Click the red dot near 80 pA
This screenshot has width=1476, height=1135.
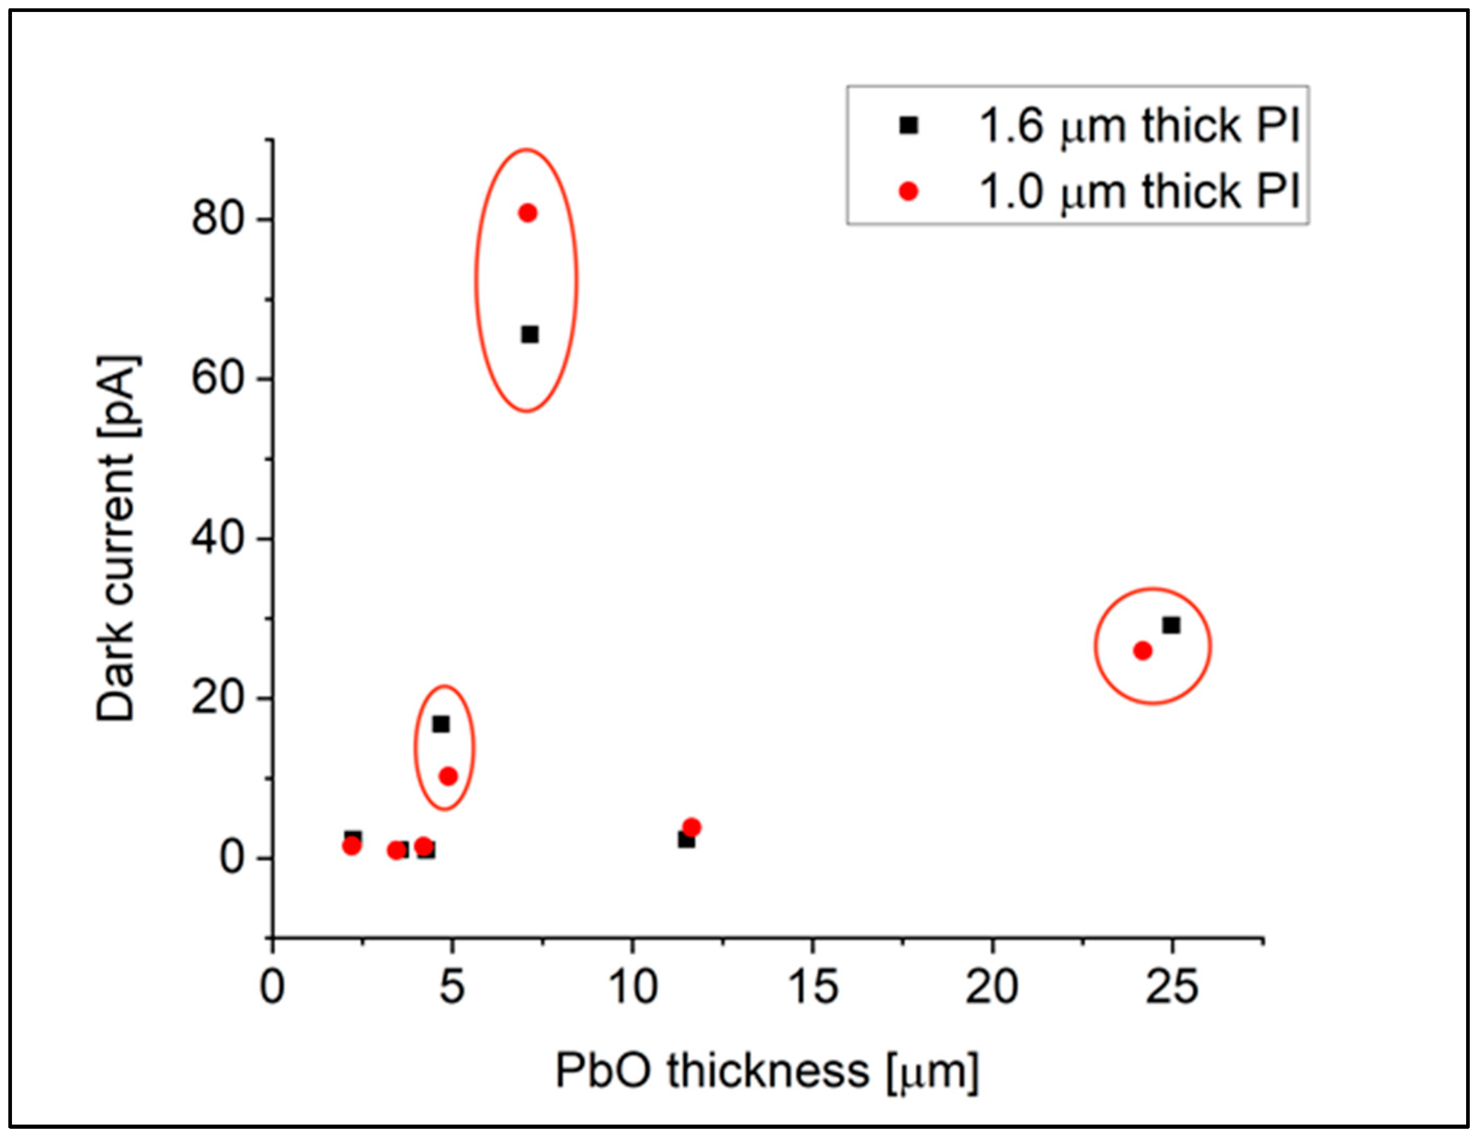(x=527, y=213)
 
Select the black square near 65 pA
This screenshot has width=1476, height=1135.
(x=531, y=334)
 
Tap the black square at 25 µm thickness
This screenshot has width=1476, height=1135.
(x=1171, y=626)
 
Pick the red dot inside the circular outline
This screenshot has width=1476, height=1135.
(x=1142, y=651)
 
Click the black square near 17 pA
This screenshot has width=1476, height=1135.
(x=441, y=725)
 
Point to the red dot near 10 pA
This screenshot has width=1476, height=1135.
(x=448, y=776)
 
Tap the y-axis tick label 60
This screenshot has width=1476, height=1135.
(x=218, y=379)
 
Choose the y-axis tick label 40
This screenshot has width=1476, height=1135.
(x=218, y=539)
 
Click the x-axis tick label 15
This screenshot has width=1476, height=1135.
(x=813, y=988)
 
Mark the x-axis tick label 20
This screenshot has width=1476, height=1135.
(x=992, y=988)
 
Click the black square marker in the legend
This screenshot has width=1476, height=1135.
(x=909, y=125)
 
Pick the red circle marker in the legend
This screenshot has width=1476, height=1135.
(x=909, y=192)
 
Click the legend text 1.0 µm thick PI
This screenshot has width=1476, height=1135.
(x=1139, y=192)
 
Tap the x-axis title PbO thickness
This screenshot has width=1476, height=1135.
(x=766, y=1071)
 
